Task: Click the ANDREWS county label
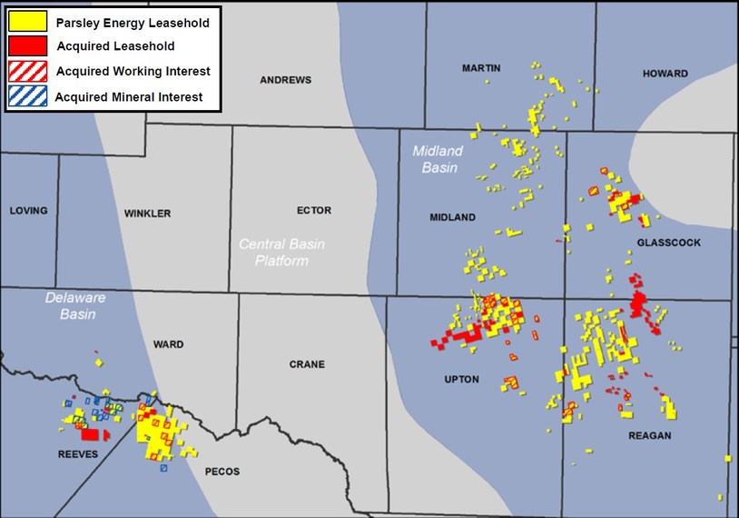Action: [x=285, y=80]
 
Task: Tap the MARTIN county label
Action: [x=480, y=68]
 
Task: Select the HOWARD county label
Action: [x=665, y=74]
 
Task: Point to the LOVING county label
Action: [x=28, y=211]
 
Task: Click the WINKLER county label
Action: [x=147, y=214]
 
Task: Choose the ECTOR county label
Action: [x=314, y=211]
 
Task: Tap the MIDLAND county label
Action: [x=452, y=218]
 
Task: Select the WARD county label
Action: [x=169, y=344]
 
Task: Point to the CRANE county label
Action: [x=307, y=364]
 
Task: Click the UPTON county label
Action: [x=461, y=379]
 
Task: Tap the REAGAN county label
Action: [x=649, y=436]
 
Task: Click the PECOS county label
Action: [x=222, y=472]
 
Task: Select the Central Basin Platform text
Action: [x=281, y=253]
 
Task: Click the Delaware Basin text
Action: [x=75, y=306]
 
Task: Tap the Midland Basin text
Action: [x=438, y=159]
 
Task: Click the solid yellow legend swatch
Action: [x=26, y=22]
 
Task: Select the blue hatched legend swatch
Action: [x=26, y=96]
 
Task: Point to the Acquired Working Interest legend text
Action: [x=133, y=71]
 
